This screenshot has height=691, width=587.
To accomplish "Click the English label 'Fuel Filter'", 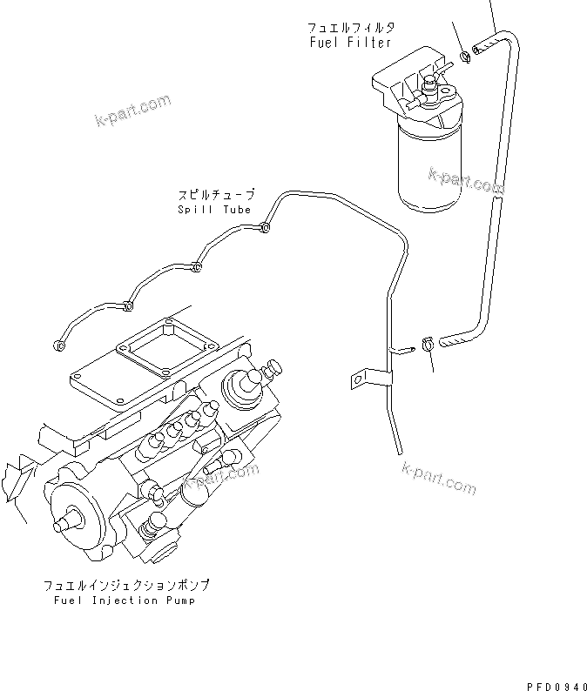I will (x=350, y=43).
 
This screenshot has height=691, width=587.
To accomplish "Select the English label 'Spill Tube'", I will (x=214, y=210).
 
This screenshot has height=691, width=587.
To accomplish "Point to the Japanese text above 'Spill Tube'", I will (x=217, y=196).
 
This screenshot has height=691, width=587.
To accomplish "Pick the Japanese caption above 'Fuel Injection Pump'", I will (x=126, y=586).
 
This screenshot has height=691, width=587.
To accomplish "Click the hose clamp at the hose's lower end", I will (x=428, y=343).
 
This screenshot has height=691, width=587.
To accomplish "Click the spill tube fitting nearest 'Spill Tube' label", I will (x=265, y=230).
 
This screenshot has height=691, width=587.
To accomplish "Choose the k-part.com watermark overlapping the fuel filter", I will (x=465, y=181).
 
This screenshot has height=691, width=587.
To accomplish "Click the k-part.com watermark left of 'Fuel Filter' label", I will (x=132, y=111).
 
